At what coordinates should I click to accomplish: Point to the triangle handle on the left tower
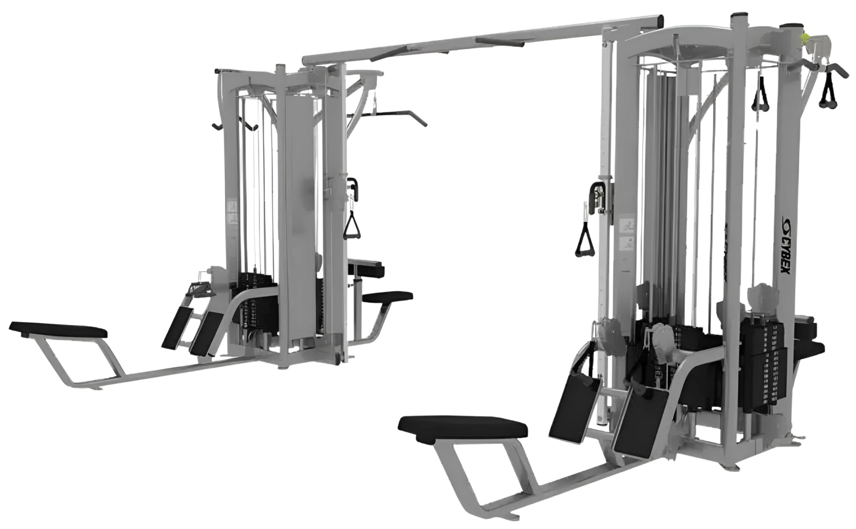point(353,225)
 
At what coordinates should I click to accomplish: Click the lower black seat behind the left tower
point(389,296)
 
